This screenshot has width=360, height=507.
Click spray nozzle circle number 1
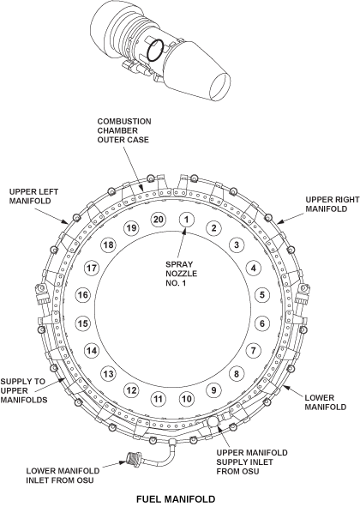(x=187, y=220)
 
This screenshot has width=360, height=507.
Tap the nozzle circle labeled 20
(x=158, y=220)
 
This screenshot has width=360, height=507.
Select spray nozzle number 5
(x=261, y=294)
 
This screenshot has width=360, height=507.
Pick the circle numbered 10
(x=187, y=399)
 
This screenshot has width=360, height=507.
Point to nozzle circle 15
(x=83, y=323)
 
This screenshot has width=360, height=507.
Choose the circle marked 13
(x=108, y=374)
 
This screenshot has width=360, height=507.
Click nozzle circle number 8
(x=237, y=374)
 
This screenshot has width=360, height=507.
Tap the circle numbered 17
(x=92, y=268)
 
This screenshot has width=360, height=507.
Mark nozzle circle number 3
(x=237, y=244)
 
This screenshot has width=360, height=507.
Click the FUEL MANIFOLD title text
(x=176, y=499)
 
